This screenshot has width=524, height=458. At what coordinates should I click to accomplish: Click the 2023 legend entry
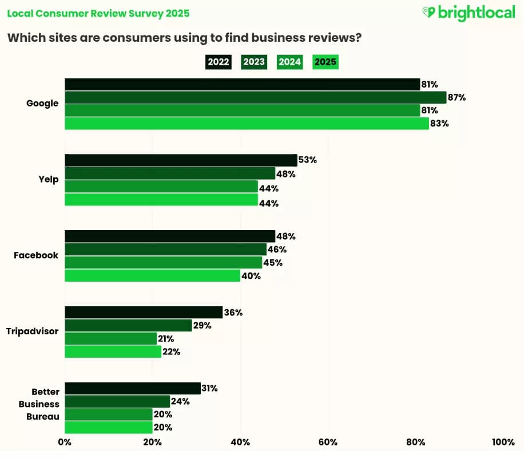pyautogui.click(x=254, y=62)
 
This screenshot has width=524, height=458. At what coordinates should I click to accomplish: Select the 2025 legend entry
pyautogui.click(x=325, y=62)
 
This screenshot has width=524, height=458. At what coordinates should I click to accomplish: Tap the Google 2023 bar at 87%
pyautogui.click(x=255, y=97)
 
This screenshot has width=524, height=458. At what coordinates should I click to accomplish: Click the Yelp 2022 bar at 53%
pyautogui.click(x=181, y=160)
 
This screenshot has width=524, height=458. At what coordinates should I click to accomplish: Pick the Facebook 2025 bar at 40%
pyautogui.click(x=152, y=275)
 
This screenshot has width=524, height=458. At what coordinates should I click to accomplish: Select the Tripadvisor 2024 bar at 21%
pyautogui.click(x=110, y=338)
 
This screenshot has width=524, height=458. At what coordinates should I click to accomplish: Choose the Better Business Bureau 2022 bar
pyautogui.click(x=133, y=388)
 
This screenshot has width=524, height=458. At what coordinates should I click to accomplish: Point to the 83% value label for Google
pyautogui.click(x=439, y=123)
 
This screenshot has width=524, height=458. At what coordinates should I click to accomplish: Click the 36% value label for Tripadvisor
pyautogui.click(x=233, y=313)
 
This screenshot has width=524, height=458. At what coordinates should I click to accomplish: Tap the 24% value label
pyautogui.click(x=181, y=401)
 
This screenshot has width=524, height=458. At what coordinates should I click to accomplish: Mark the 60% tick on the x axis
pyautogui.click(x=328, y=442)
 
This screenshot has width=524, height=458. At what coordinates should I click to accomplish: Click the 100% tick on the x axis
pyautogui.click(x=503, y=442)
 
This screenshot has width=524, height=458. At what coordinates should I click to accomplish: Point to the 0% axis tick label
pyautogui.click(x=65, y=442)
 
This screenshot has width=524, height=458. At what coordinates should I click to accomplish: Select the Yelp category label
pyautogui.click(x=49, y=180)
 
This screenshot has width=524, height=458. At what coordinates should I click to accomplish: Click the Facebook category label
pyautogui.click(x=36, y=255)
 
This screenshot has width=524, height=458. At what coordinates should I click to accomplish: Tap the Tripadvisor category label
pyautogui.click(x=32, y=331)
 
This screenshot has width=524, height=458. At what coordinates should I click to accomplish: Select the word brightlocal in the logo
pyautogui.click(x=477, y=13)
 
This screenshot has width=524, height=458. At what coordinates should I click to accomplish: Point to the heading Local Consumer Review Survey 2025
pyautogui.click(x=98, y=13)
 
